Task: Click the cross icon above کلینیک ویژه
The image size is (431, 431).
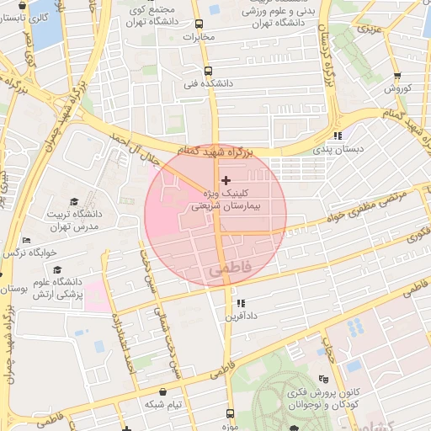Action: (x=225, y=180)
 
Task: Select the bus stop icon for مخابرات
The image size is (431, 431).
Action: (x=200, y=24)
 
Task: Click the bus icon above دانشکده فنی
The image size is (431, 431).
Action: (x=208, y=72)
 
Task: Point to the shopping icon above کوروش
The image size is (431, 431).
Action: (x=398, y=76)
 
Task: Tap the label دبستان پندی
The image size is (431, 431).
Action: (x=338, y=148)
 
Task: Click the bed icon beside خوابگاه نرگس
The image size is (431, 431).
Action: (x=26, y=241)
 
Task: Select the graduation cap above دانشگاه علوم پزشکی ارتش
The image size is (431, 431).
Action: (x=57, y=270)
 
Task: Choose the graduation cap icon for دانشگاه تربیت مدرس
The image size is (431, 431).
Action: (x=74, y=202)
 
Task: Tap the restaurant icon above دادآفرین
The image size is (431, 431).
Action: (x=241, y=303)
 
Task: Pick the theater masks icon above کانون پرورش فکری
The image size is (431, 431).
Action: (x=325, y=379)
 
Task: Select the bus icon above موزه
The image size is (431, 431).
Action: (x=230, y=414)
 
